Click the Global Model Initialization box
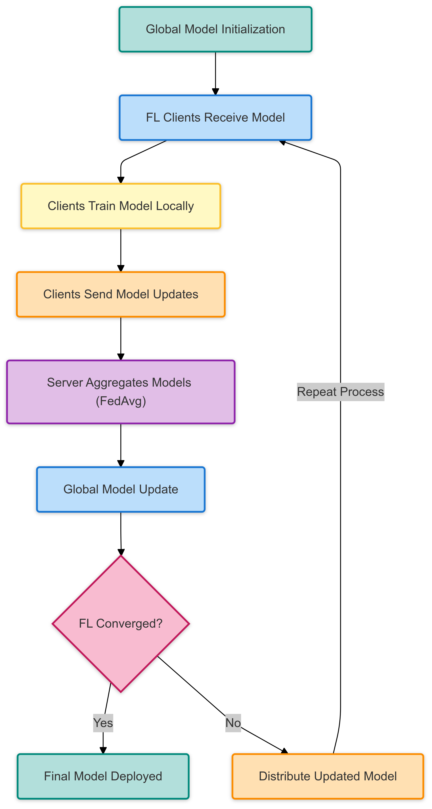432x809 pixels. pyautogui.click(x=215, y=29)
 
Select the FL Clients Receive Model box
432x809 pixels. pyautogui.click(x=215, y=118)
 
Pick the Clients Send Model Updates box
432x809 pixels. pyautogui.click(x=121, y=294)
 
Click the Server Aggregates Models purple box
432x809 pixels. pyautogui.click(x=121, y=392)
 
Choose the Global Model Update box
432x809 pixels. pyautogui.click(x=121, y=489)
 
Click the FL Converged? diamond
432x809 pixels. pyautogui.click(x=121, y=623)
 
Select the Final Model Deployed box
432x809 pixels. pyautogui.click(x=103, y=776)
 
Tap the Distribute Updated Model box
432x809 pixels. pyautogui.click(x=328, y=776)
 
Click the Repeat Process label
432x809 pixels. pyautogui.click(x=340, y=392)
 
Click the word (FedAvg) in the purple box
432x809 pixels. pyautogui.click(x=121, y=401)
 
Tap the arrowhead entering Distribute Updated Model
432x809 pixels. pyautogui.click(x=285, y=751)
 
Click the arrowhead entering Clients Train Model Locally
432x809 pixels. pyautogui.click(x=121, y=180)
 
